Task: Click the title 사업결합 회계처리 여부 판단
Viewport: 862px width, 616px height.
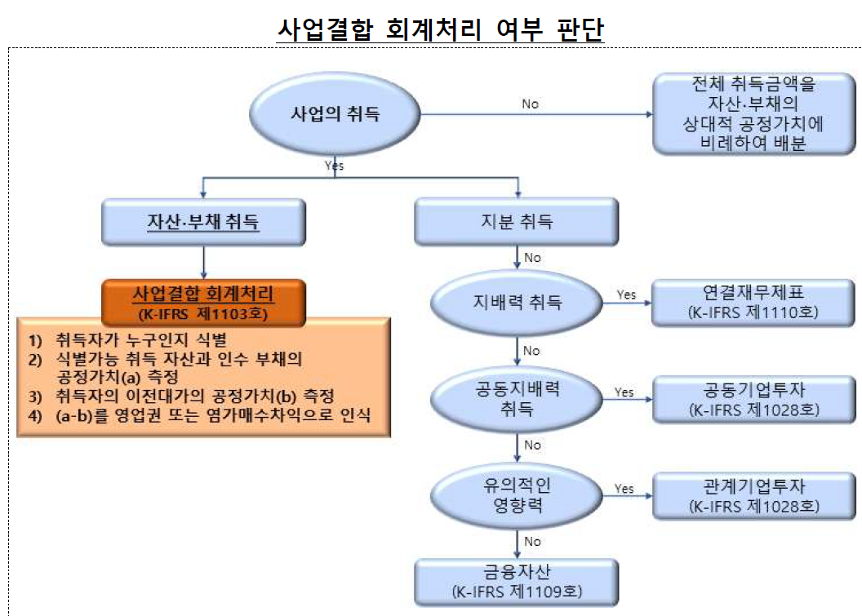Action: (x=440, y=29)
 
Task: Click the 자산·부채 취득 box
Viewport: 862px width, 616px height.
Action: (x=203, y=220)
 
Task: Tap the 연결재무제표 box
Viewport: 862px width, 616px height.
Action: (x=753, y=301)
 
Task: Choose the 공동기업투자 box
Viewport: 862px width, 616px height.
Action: (x=753, y=397)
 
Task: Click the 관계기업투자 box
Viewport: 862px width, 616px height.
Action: (x=753, y=495)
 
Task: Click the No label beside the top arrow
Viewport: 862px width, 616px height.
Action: (x=531, y=104)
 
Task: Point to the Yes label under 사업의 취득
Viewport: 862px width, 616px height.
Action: (x=335, y=166)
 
